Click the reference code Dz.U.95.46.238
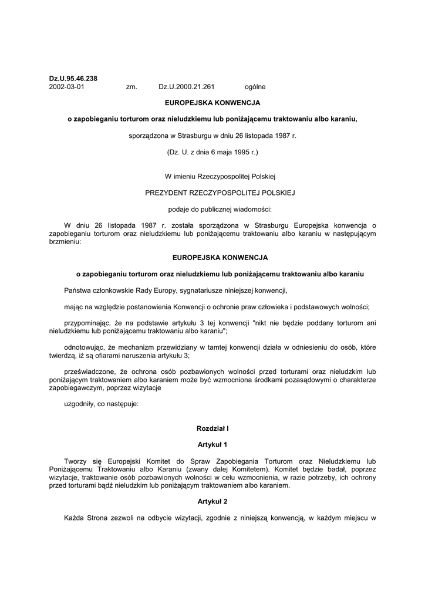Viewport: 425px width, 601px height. (x=73, y=79)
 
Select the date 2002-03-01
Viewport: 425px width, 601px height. (x=66, y=87)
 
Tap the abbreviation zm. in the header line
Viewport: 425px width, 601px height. (x=131, y=87)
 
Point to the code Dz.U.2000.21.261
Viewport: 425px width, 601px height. (x=186, y=87)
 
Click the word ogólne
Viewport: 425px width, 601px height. (x=255, y=87)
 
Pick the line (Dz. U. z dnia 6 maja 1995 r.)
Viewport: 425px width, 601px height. (x=212, y=152)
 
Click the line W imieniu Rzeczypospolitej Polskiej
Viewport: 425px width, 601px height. (x=212, y=175)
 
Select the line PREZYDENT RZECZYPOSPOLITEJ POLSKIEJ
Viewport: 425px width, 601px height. (x=212, y=192)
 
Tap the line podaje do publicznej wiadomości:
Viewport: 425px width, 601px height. (x=212, y=208)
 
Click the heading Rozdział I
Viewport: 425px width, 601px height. (x=212, y=429)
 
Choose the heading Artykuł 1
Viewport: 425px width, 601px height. (x=212, y=445)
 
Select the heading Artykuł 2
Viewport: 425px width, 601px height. (x=212, y=502)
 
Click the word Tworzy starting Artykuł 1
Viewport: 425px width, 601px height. (x=77, y=461)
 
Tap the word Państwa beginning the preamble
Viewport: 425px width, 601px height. (x=79, y=290)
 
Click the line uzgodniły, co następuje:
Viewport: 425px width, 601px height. (x=102, y=404)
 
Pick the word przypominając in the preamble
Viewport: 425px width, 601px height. (x=86, y=323)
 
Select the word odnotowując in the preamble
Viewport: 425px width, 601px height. (x=85, y=347)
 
